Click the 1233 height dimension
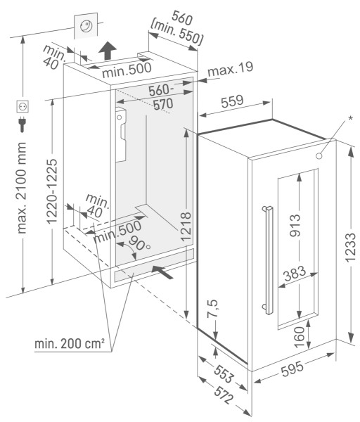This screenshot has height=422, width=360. tap(350, 248)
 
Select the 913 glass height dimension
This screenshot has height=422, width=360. tap(295, 226)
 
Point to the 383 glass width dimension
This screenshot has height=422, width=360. tap(295, 273)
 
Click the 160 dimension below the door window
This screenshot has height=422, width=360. tap(300, 337)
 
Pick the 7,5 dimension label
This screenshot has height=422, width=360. tap(212, 309)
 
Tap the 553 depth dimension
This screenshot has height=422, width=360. tap(223, 374)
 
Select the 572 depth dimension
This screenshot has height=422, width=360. tap(224, 395)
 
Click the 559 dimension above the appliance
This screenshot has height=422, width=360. tap(232, 101)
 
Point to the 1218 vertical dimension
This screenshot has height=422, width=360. tap(186, 226)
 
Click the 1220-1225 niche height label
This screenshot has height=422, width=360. tap(52, 191)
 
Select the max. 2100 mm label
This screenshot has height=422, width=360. tap(22, 188)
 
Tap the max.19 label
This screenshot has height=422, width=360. tap(231, 69)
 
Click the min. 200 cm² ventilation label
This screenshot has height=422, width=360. tap(70, 344)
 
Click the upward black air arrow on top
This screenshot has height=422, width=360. tap(108, 51)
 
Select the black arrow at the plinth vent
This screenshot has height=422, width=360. tap(162, 272)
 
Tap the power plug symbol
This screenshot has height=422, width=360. tap(22, 124)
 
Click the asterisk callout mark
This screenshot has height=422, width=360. tap(350, 118)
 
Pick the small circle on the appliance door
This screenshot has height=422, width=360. tap(319, 156)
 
